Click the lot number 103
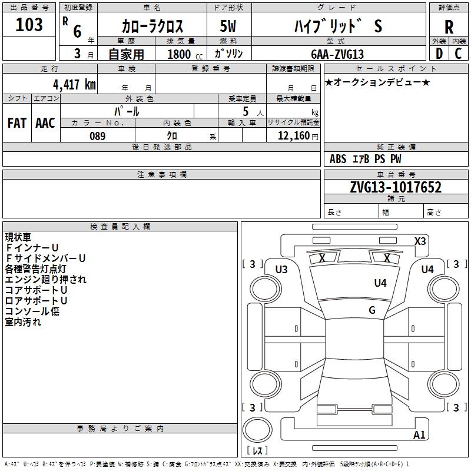click(x=29, y=25)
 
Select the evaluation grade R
click(x=449, y=26)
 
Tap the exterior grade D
click(x=439, y=53)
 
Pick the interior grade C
click(x=459, y=53)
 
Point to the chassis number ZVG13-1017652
click(x=396, y=187)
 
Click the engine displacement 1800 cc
click(x=180, y=54)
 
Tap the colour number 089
click(x=98, y=136)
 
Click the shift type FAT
click(x=16, y=123)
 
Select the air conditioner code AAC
click(x=45, y=123)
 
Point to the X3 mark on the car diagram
click(x=420, y=241)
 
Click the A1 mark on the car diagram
click(x=419, y=436)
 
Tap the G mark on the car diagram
click(x=372, y=310)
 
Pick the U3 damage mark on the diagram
click(x=281, y=270)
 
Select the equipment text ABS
click(x=338, y=159)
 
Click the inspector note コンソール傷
click(x=32, y=311)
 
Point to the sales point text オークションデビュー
click(x=377, y=82)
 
